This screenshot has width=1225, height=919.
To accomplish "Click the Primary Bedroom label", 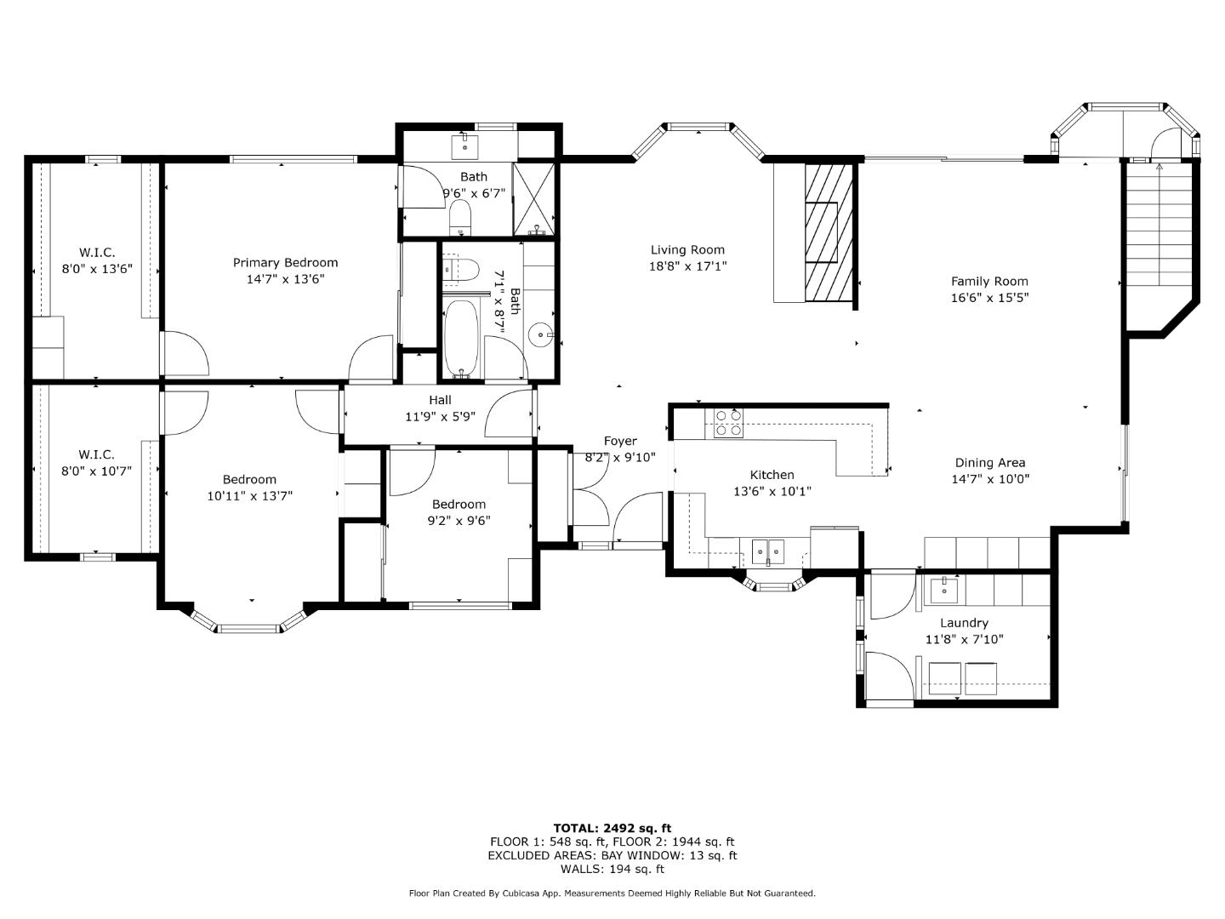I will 285,263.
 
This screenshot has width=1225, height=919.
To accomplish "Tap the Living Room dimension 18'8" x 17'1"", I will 687,266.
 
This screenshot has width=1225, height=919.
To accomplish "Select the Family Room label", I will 989,282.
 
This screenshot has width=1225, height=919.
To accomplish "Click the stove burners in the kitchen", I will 728,423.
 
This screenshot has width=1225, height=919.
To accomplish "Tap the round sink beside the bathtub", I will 540,335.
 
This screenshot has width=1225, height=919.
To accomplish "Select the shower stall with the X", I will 536,198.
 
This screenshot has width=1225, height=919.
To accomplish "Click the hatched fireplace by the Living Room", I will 829,231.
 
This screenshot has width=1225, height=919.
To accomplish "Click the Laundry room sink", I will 943,589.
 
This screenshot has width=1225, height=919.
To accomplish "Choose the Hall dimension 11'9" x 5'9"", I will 440,417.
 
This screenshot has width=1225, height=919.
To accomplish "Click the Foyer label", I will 620,441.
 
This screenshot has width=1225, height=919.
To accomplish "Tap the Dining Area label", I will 989,463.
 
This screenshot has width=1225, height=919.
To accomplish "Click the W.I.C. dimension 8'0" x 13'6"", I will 96,269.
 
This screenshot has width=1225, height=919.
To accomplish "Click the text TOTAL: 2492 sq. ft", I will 612,828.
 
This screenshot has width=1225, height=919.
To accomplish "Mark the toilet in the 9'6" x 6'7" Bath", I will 459,217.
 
